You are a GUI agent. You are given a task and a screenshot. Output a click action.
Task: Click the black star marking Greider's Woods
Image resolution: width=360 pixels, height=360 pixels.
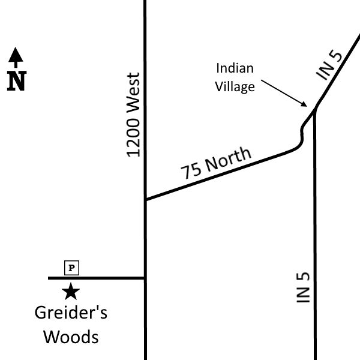(71, 292)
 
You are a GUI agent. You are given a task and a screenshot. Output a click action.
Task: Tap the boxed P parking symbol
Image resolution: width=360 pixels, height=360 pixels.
(71, 268)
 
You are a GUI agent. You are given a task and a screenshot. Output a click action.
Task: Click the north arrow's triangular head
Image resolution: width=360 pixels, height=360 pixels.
(16, 55)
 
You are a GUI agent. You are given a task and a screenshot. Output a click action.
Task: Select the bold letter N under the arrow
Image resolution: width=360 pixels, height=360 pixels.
(17, 81)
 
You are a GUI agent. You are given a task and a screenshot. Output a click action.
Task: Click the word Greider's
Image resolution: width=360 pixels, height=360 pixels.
(71, 313)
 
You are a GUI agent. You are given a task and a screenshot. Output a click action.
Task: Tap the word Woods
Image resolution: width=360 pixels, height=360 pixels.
(71, 337)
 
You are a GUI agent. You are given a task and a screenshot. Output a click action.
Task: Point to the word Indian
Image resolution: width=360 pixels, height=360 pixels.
(235, 68)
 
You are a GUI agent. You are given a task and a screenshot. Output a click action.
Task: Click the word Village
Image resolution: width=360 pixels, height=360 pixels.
(235, 87)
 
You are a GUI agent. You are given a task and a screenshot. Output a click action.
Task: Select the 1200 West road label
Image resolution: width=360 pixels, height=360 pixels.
(133, 115)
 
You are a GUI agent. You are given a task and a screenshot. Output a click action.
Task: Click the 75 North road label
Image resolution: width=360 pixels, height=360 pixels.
(216, 163)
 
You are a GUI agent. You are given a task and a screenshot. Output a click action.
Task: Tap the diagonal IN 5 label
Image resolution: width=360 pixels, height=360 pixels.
(329, 65)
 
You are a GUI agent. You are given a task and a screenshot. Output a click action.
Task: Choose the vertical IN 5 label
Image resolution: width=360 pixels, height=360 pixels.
(303, 287)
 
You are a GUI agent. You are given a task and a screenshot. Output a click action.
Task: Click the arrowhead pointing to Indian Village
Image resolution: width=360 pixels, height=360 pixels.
(304, 104)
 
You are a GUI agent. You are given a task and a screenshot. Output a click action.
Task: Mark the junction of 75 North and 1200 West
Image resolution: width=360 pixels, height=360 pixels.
(145, 199)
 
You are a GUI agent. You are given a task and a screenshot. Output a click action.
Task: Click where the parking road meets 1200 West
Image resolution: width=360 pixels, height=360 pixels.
(145, 278)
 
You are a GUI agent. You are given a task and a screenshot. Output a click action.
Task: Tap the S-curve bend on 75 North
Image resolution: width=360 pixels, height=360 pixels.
(301, 138)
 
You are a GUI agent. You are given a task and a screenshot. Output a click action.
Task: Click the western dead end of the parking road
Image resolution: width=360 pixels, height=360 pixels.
(49, 278)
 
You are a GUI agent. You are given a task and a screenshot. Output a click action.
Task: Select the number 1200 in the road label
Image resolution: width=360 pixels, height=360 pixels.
(133, 137)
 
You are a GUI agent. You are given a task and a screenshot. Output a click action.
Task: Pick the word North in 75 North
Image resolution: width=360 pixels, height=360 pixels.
(229, 159)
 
